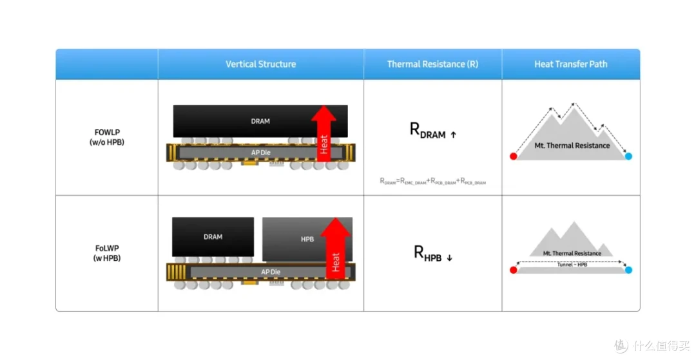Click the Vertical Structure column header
tap(260, 64)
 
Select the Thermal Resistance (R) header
tap(433, 64)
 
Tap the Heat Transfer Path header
tap(571, 64)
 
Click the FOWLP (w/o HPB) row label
tap(107, 137)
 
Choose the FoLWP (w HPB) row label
tap(107, 253)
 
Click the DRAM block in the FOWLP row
tap(260, 121)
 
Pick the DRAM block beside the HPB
tap(213, 237)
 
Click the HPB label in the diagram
tap(307, 240)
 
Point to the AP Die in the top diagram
tap(260, 153)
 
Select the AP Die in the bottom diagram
tap(271, 272)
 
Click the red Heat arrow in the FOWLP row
tap(324, 133)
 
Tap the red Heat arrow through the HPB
tap(336, 249)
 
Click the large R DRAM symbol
tap(433, 130)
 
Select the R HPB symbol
tap(433, 253)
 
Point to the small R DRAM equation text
tap(433, 181)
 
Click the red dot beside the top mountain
tap(514, 156)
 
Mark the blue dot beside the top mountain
tap(628, 156)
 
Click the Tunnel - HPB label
tap(572, 265)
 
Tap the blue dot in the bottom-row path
tap(628, 270)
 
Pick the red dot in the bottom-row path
tap(514, 270)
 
